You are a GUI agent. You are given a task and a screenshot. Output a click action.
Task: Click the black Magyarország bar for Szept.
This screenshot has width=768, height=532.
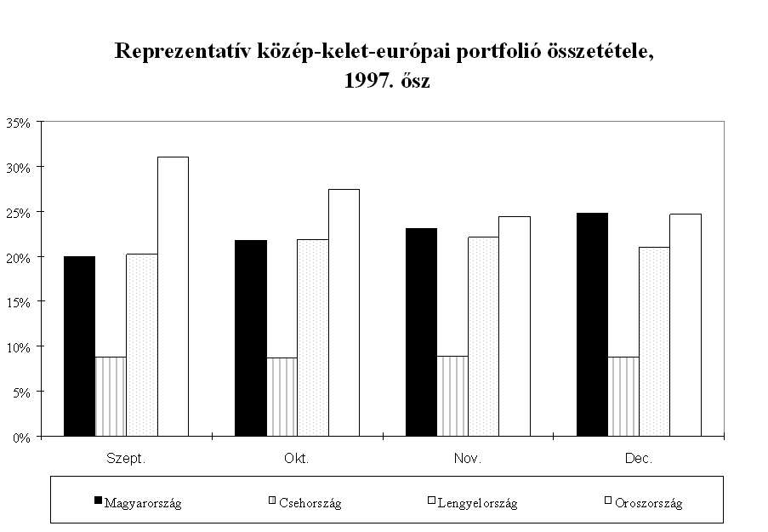79,346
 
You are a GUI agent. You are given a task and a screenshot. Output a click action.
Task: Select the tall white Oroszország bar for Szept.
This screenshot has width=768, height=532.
173,297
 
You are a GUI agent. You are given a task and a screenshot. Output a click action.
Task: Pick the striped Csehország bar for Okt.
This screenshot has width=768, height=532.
282,398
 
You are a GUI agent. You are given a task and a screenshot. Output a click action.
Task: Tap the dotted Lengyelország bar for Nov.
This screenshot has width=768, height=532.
484,337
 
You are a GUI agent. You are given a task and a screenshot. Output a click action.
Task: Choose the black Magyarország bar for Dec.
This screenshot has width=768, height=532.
593,325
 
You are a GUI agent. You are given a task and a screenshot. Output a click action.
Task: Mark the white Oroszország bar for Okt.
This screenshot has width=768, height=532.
344,313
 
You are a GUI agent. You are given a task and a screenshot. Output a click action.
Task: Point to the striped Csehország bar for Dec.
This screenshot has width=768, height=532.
623,398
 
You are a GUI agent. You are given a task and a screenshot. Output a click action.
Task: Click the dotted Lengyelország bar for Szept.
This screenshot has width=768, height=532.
141,346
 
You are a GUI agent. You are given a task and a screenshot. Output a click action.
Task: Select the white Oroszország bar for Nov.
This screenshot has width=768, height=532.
515,327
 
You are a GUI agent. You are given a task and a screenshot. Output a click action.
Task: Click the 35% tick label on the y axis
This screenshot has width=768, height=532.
18,123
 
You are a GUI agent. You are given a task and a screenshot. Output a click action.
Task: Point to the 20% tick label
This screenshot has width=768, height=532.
18,257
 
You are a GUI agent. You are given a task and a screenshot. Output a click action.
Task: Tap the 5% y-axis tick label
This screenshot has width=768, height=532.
20,392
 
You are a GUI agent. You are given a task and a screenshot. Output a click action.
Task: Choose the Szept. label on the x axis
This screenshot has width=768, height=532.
126,458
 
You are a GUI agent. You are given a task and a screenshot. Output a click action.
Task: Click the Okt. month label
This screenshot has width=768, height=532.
297,458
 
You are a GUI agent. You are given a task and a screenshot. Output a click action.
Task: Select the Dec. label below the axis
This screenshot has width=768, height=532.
638,458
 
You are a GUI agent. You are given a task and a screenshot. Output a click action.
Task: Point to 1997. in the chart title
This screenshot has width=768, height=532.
363,82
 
